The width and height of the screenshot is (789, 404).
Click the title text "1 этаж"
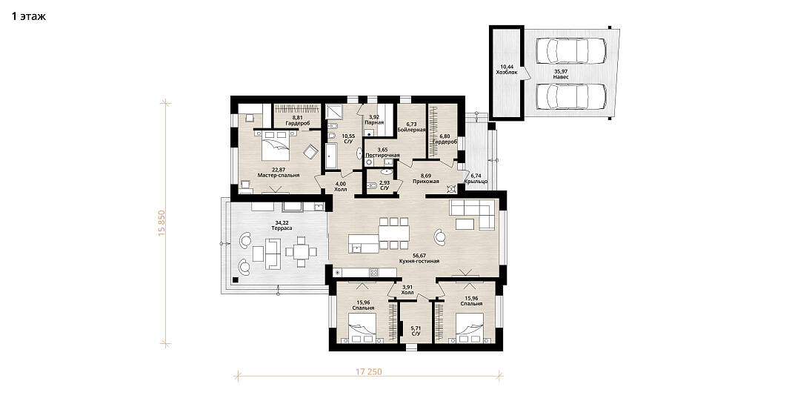(29, 16)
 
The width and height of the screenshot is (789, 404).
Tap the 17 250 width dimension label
(369, 372)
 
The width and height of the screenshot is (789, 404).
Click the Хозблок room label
(507, 73)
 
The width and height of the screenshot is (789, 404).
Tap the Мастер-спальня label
(279, 175)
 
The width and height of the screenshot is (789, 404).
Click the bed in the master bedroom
(275, 145)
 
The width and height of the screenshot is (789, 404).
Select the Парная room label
(375, 122)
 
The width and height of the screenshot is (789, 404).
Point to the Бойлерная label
(412, 130)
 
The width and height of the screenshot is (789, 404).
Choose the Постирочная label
(382, 156)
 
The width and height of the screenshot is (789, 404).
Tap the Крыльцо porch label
(476, 182)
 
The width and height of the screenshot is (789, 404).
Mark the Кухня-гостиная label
(419, 262)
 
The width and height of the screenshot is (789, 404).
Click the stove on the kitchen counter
(374, 273)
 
